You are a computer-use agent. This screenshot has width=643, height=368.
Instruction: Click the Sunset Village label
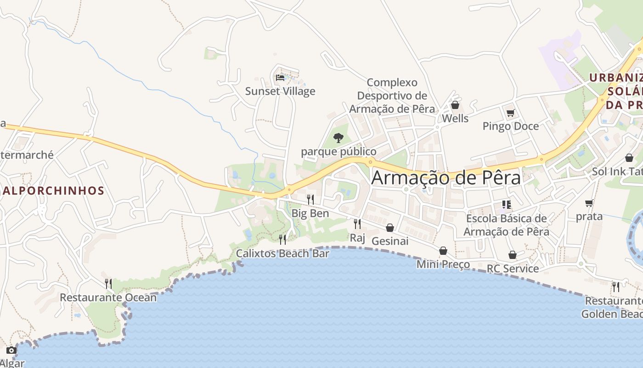coord(280,91)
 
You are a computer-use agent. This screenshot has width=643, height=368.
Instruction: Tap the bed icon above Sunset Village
coord(280,78)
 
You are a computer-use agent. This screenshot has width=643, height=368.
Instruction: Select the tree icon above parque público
coord(338,138)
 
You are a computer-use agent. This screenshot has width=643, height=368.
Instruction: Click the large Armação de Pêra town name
coord(446,178)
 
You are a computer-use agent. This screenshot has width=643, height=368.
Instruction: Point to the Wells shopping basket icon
coord(455,105)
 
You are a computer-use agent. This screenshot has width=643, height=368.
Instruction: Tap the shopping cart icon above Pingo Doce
coord(510,113)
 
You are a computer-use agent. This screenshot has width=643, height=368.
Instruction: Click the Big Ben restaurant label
coord(310,213)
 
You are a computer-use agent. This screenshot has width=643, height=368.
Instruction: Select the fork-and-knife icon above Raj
coord(357,224)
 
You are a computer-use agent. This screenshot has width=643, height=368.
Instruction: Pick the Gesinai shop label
coord(390,241)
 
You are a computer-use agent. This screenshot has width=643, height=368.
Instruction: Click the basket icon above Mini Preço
coord(443,251)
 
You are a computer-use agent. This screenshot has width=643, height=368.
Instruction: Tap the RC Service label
coord(513,269)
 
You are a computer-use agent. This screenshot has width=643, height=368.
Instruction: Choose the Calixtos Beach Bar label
coord(282,253)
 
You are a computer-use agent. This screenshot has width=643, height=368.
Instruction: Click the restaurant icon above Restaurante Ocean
coord(108,284)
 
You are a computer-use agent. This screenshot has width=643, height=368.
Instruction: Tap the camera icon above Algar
coord(11,351)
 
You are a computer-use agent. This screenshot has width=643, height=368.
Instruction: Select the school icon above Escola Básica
coord(506,205)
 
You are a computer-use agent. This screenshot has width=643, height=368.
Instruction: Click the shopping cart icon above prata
coord(589,203)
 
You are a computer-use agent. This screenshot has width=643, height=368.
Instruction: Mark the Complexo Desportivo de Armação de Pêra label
coord(392,96)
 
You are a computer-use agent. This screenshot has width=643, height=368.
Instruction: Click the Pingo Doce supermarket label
coord(510,126)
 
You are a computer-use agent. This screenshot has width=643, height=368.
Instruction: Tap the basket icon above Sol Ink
coord(629,158)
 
